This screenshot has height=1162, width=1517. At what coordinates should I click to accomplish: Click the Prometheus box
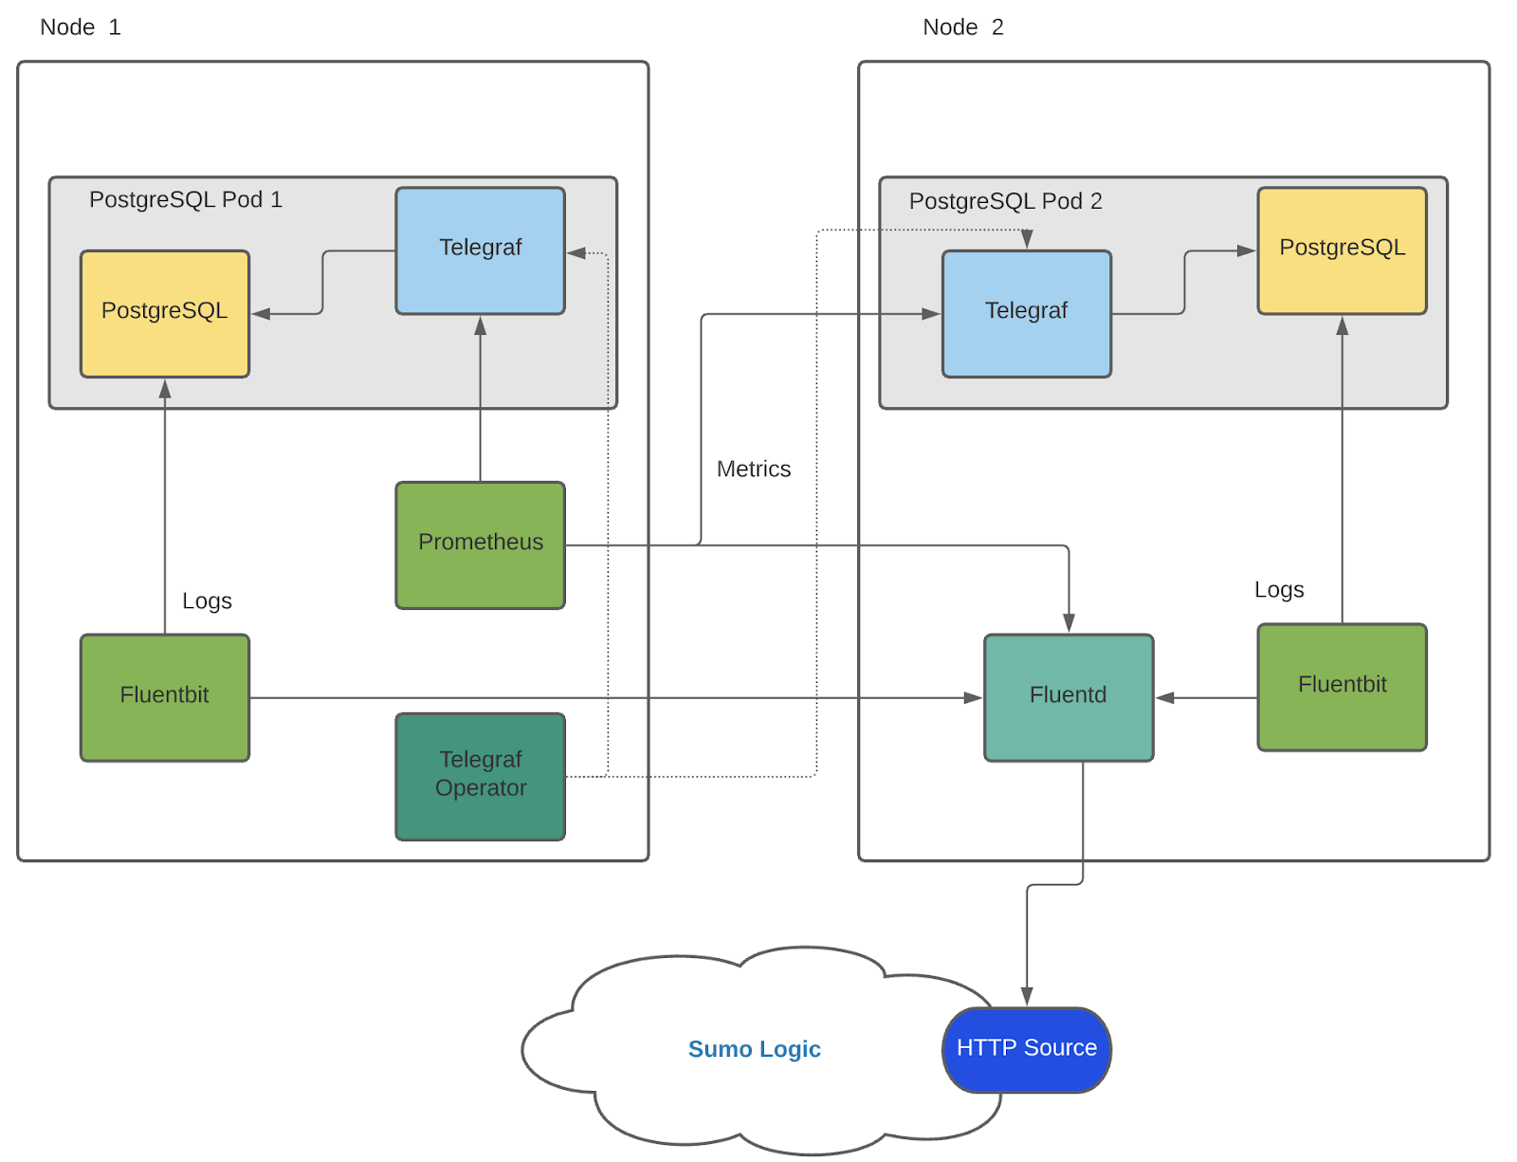480,544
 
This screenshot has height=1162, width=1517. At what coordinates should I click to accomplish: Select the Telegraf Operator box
480,775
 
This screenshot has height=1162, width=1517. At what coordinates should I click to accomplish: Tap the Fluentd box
1068,696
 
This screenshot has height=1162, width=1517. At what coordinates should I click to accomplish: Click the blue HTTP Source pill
1026,1048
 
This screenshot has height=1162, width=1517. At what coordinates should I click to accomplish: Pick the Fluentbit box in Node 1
164,696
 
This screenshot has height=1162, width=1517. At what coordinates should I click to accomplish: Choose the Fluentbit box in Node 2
1341,686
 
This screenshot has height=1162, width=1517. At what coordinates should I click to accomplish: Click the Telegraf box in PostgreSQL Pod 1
480,249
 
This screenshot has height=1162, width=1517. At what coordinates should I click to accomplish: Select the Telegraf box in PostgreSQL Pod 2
1026,312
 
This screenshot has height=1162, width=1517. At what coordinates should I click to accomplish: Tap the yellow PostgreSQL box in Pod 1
164,312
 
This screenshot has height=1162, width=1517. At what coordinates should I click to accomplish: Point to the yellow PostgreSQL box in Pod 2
1341,249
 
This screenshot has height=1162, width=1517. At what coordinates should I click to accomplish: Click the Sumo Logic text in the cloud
754,1049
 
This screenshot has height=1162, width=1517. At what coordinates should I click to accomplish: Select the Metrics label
753,469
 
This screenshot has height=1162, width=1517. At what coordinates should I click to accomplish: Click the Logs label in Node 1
207,600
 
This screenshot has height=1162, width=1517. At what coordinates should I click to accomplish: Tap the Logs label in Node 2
1278,590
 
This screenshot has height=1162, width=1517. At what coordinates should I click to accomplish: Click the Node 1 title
80,28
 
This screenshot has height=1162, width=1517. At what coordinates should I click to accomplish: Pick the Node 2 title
962,28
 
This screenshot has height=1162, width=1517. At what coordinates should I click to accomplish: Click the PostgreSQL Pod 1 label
185,199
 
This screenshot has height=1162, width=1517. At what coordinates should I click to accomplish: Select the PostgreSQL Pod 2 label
1005,201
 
